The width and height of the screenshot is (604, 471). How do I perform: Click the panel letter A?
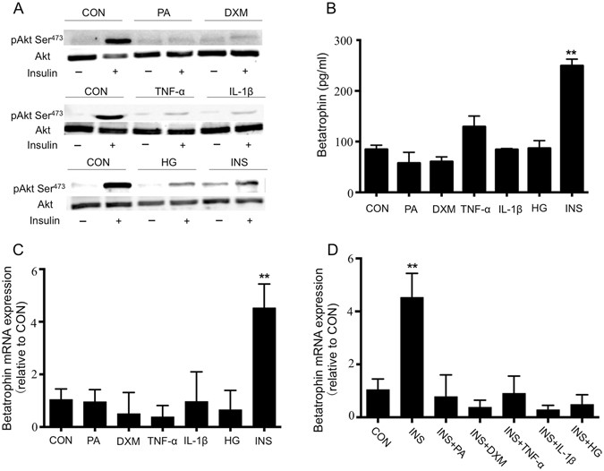9,10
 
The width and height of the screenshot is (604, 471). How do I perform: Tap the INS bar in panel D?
413,357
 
